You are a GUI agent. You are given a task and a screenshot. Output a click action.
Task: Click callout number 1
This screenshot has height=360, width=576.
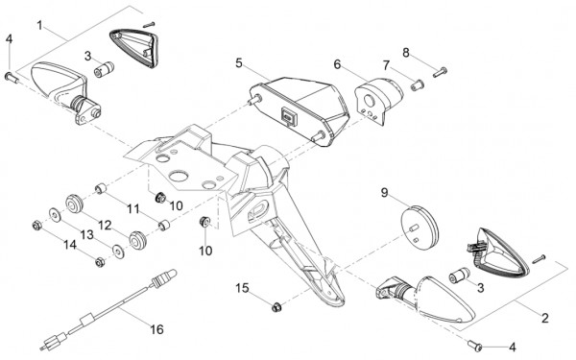(40, 25)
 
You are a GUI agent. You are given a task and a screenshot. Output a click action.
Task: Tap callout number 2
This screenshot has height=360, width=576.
(545, 318)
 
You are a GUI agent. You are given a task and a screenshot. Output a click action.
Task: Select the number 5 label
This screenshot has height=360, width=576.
(239, 63)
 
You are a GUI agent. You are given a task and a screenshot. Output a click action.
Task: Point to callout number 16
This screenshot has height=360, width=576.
(156, 329)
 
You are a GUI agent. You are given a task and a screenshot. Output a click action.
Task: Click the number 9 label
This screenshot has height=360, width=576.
(384, 192)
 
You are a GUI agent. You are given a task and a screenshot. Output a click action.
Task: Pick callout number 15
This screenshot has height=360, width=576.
(242, 288)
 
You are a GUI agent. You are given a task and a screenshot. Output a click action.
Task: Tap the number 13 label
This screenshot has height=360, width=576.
(87, 235)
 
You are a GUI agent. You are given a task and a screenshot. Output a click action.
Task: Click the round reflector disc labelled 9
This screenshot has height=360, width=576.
(420, 228)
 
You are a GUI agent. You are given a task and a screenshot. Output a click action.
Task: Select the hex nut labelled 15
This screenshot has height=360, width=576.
(276, 306)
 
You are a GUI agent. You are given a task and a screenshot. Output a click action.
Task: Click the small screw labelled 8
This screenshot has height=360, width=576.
(440, 72)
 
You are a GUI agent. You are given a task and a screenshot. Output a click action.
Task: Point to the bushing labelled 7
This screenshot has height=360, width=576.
(417, 85)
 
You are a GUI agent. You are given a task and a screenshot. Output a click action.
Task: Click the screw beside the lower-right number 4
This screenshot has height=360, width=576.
(475, 345)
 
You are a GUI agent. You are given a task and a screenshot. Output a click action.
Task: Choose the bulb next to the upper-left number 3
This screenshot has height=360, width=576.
(104, 69)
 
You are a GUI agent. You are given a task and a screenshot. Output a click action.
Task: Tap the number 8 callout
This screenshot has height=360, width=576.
(406, 53)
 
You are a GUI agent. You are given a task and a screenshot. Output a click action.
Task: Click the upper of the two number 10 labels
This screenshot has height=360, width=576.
(177, 205)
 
